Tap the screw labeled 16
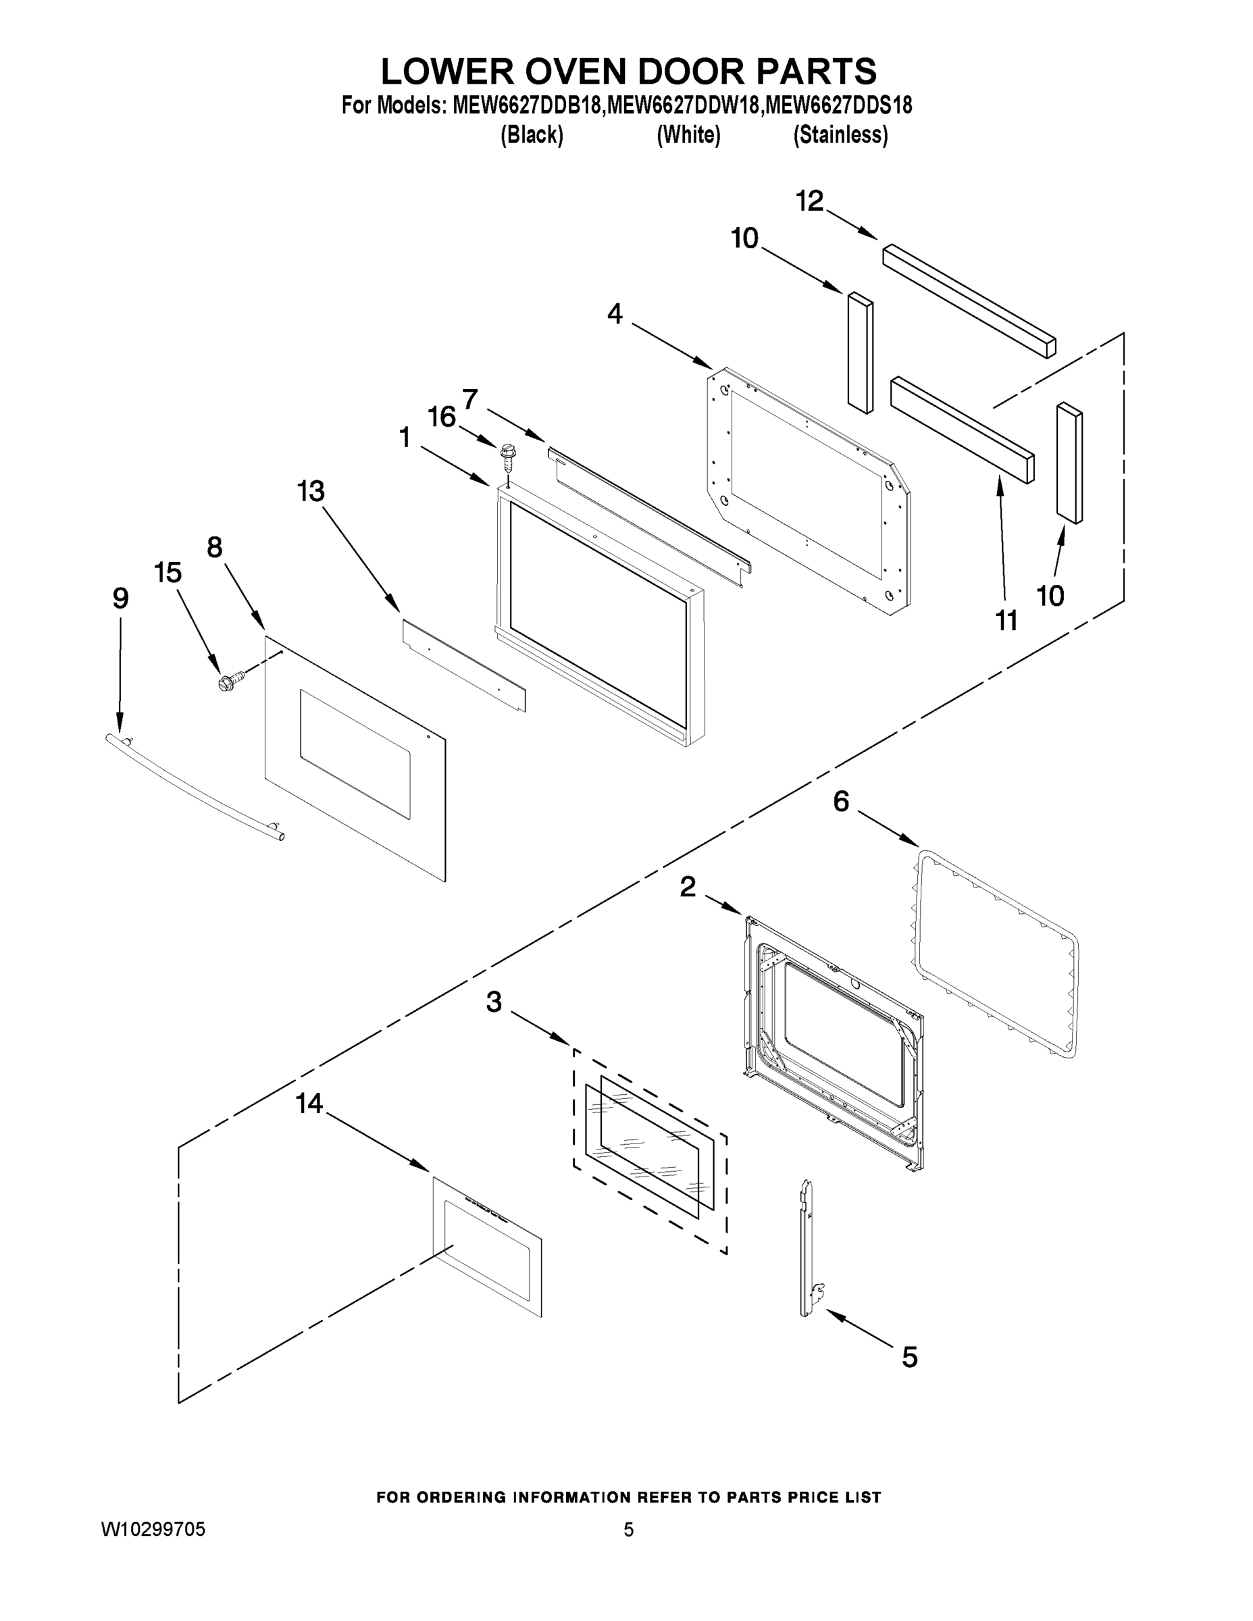pos(509,457)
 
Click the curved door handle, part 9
pos(195,786)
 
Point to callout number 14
pos(309,1104)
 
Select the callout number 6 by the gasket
pos(840,801)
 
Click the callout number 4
pos(615,315)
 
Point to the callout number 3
pos(494,1002)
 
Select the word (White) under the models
pos(688,135)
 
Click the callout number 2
pos(688,885)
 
